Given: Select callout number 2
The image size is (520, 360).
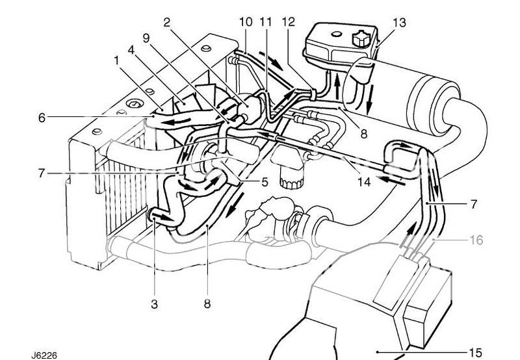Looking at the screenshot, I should pyautogui.click(x=167, y=22).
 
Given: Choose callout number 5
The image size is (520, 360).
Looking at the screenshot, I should pyautogui.click(x=265, y=183).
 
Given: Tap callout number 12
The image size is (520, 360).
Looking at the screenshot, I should pyautogui.click(x=289, y=22).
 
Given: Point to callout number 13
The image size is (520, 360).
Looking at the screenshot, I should pyautogui.click(x=399, y=23).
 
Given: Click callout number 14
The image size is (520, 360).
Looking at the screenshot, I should pyautogui.click(x=363, y=183).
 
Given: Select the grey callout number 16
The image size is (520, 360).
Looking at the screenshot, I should pyautogui.click(x=476, y=240).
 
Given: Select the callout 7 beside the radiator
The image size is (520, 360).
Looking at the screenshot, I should pyautogui.click(x=42, y=174).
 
